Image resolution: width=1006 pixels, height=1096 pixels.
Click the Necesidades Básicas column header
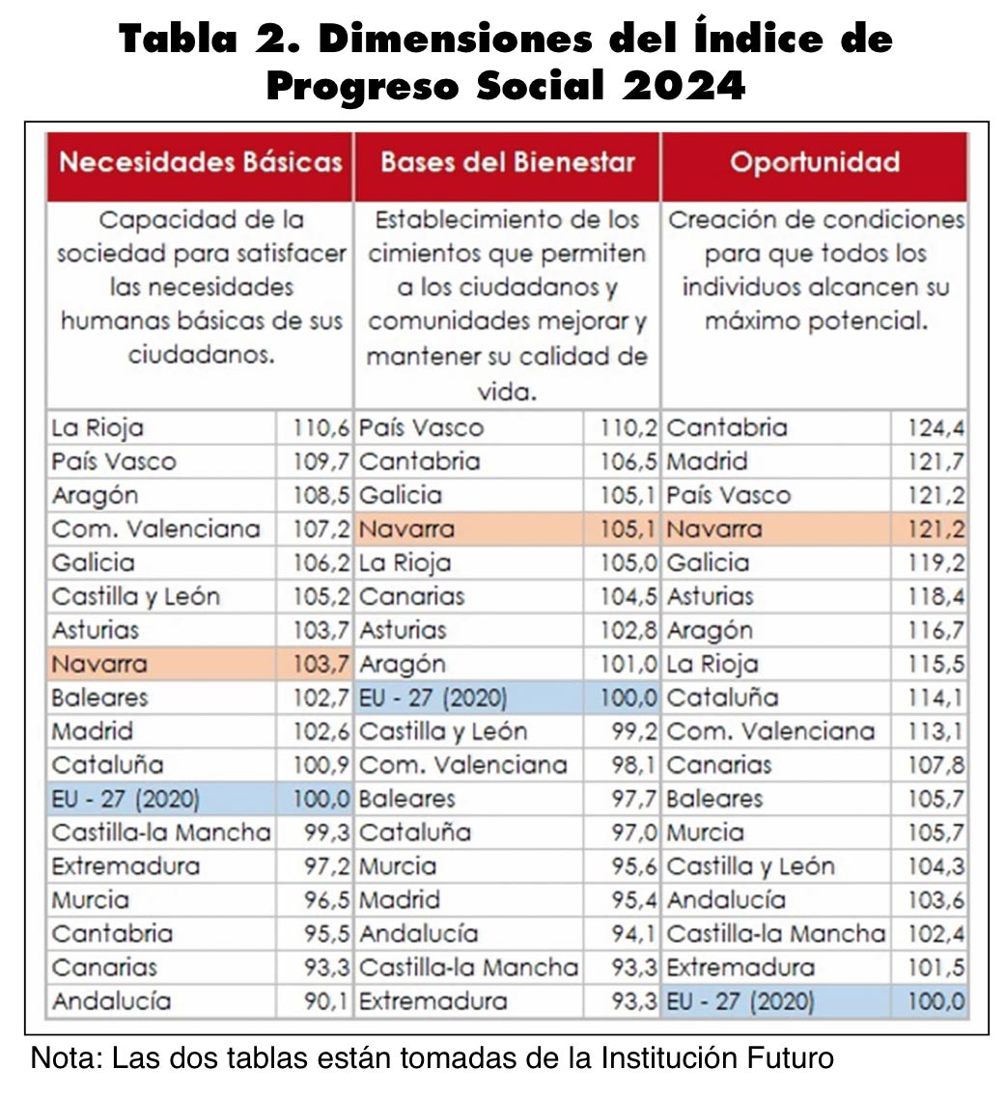201,162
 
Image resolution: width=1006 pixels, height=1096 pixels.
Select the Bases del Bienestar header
507,162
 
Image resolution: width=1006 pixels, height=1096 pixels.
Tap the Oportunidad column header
815,162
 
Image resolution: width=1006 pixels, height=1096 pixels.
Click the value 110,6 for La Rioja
321,427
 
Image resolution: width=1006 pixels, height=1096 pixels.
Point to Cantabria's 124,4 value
936,427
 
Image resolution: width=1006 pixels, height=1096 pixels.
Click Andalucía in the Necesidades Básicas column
111,1000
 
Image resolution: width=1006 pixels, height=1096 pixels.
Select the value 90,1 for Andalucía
326,1000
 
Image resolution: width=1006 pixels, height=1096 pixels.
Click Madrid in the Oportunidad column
707,461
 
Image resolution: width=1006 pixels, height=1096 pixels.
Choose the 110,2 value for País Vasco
629,427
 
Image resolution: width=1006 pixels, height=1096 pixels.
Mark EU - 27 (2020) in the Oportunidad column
741,1001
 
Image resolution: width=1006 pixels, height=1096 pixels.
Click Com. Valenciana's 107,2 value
321,529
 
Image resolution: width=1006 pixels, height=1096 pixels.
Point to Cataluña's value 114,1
936,698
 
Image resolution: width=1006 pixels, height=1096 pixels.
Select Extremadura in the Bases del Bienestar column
433,1000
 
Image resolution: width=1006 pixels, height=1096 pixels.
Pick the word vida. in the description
507,392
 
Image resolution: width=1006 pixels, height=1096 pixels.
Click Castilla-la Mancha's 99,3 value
326,833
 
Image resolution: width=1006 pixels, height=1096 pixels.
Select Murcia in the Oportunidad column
705,833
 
